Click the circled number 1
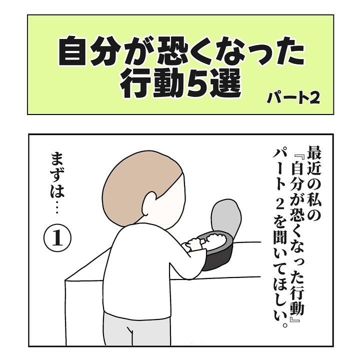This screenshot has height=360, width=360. (57, 238)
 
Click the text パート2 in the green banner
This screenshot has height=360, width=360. (293, 98)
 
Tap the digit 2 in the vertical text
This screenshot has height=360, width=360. (280, 206)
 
